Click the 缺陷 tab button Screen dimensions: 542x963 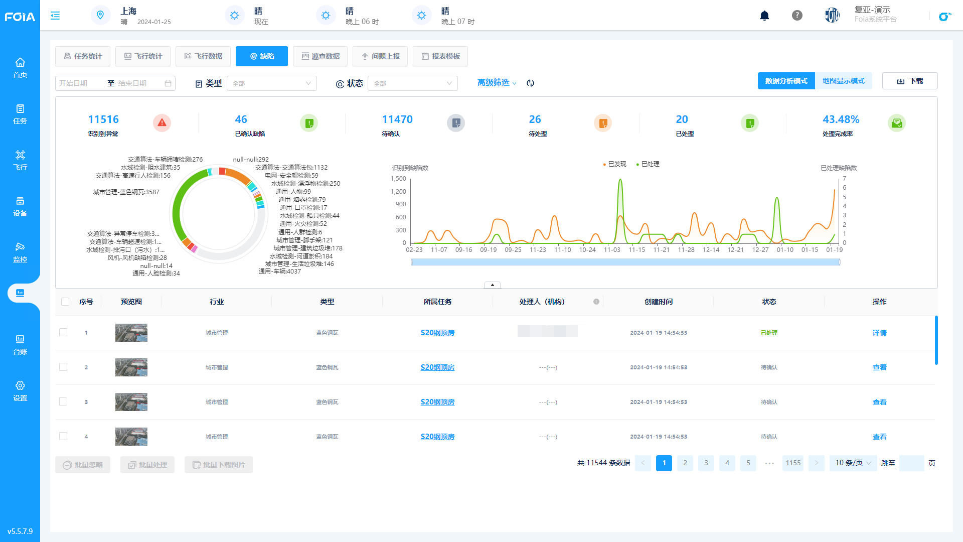[262, 56]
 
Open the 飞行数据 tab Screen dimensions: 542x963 [203, 56]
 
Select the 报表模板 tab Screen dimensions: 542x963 [440, 56]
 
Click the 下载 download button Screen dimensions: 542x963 [910, 81]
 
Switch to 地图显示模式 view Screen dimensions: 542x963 [844, 81]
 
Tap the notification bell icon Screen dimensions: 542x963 [764, 16]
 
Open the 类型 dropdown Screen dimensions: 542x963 [271, 83]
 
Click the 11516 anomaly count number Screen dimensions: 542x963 [103, 119]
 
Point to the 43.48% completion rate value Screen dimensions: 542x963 [841, 119]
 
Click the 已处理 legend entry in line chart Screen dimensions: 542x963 [648, 164]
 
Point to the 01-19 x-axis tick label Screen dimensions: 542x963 [835, 250]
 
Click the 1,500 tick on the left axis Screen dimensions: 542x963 [398, 179]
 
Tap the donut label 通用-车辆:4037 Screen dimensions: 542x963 [280, 272]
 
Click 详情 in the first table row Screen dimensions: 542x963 [879, 333]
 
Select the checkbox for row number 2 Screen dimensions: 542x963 [63, 367]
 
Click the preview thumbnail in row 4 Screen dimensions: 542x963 [131, 437]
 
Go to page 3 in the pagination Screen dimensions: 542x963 [706, 463]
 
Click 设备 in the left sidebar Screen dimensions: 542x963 [20, 207]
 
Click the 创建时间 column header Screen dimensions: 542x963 [659, 302]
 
